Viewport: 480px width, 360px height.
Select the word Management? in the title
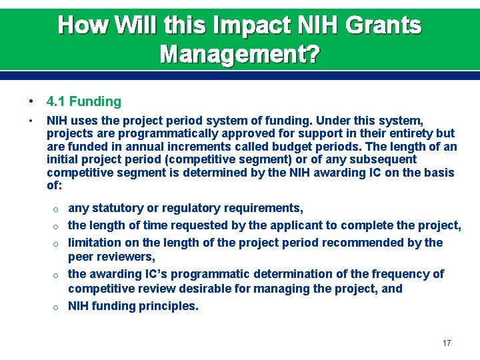click(239, 53)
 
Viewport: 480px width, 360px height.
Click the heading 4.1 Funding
click(84, 102)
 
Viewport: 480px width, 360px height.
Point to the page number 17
click(447, 343)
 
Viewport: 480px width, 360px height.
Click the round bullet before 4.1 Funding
click(31, 102)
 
